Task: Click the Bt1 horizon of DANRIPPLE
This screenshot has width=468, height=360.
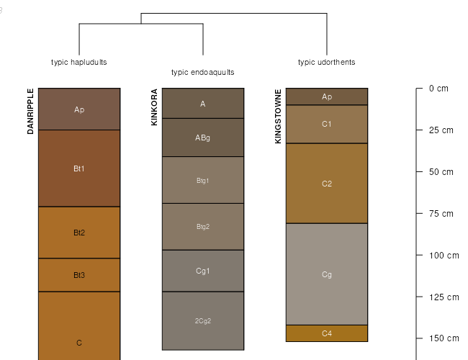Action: coord(79,168)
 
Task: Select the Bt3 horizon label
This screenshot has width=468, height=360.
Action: coord(79,275)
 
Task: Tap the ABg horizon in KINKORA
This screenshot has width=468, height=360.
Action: coord(203,138)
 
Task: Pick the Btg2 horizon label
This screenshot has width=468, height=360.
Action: coord(203,227)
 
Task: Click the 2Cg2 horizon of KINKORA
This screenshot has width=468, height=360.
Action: coord(203,321)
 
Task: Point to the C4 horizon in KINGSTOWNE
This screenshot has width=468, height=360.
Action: coord(327,333)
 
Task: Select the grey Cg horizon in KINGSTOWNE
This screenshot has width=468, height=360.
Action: coord(327,274)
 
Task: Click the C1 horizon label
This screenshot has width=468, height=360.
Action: coord(327,124)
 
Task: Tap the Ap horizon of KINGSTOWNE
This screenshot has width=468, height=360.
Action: coord(327,96)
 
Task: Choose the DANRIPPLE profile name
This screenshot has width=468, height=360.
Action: coord(30,112)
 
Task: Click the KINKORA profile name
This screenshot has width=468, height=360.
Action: coord(154,107)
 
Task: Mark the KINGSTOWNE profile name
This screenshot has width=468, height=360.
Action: coord(278,116)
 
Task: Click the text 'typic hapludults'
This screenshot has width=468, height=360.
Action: coord(79,62)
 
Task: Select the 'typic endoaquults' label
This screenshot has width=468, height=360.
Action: coord(203,72)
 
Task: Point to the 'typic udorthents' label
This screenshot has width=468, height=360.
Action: coord(327,62)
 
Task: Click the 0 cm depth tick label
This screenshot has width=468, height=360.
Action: coord(438,89)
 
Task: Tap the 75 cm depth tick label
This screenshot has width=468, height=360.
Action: coord(441,214)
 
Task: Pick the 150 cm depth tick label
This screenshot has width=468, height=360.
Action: coord(444,338)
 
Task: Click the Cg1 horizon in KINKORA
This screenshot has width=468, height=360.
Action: coord(203,271)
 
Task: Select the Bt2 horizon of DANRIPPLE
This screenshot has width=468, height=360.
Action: coord(79,233)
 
